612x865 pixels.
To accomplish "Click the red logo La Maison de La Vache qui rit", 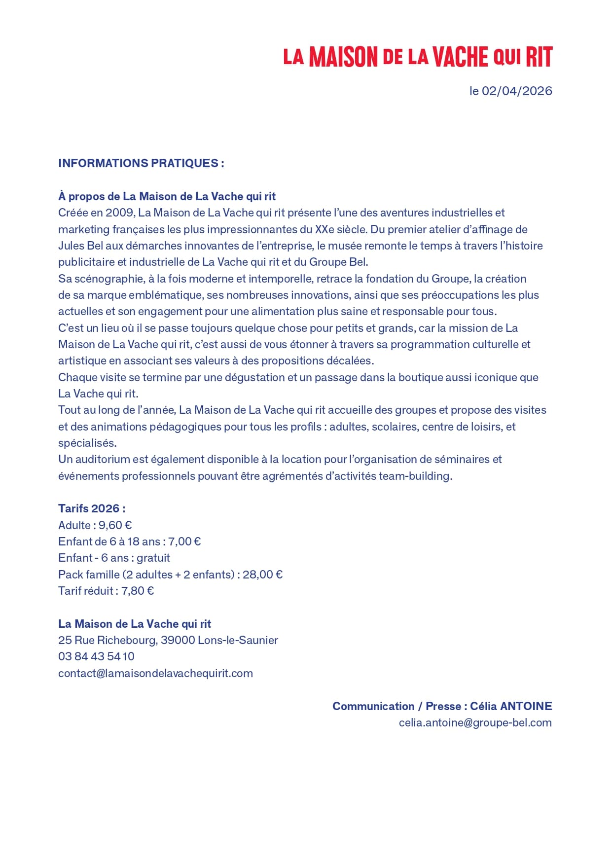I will click(418, 57).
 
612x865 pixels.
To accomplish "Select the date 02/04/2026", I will click(517, 91).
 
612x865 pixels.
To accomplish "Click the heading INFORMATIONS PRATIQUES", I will click(141, 163).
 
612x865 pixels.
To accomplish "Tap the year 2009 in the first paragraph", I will click(119, 213).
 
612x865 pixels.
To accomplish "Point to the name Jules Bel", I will click(80, 246).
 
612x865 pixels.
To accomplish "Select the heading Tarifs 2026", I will click(92, 508).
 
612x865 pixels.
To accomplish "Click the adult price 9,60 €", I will click(115, 525).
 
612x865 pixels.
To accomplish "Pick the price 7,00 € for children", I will click(184, 541).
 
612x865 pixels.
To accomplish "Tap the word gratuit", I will click(153, 558).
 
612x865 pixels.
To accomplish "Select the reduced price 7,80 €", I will click(138, 591).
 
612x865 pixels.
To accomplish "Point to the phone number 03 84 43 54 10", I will click(96, 656).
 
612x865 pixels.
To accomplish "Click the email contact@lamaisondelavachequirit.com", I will click(155, 673).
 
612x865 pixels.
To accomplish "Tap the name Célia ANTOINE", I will click(511, 706).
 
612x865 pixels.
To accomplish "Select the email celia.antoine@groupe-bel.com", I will click(475, 722).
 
